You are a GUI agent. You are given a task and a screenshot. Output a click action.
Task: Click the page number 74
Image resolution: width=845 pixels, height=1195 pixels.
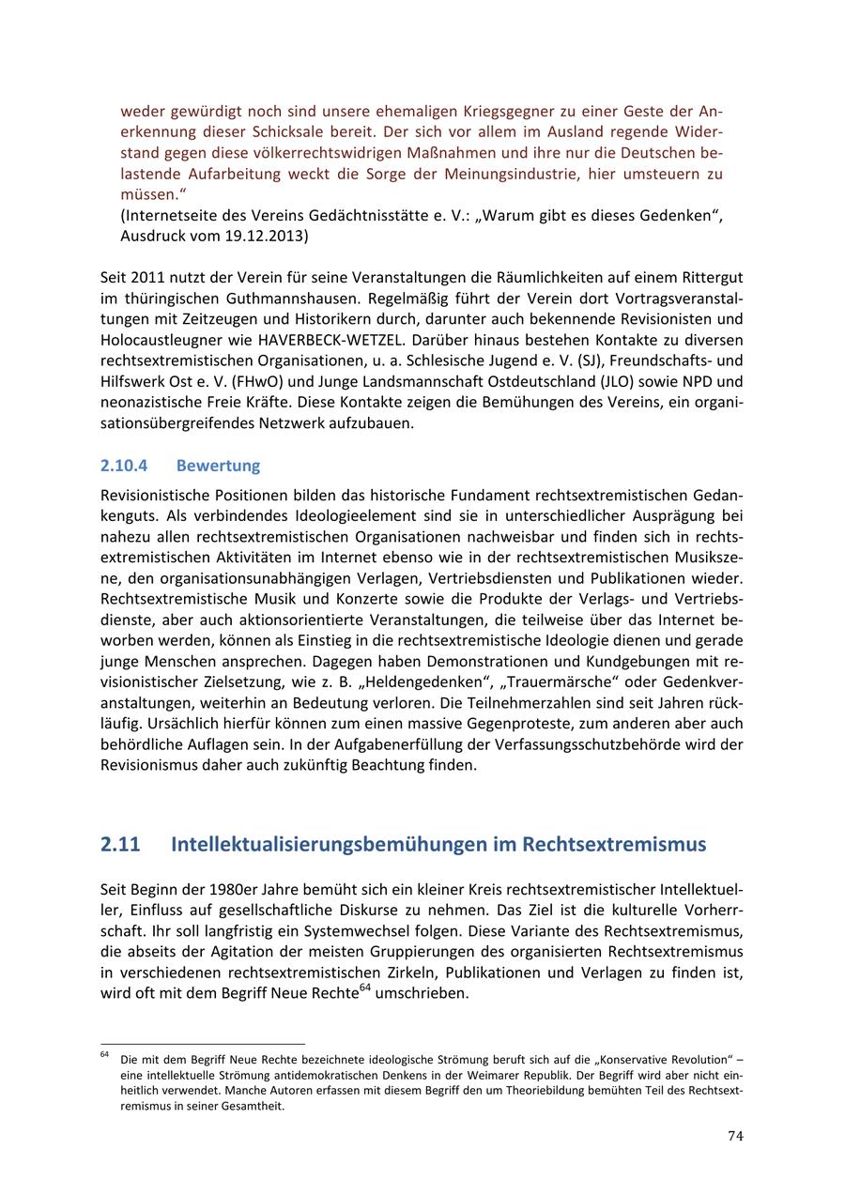pyautogui.click(x=735, y=1136)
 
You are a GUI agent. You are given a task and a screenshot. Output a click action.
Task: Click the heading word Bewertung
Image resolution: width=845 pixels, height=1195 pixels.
pyautogui.click(x=218, y=466)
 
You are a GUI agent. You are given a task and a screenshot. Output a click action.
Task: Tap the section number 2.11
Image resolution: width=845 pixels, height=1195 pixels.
pyautogui.click(x=120, y=844)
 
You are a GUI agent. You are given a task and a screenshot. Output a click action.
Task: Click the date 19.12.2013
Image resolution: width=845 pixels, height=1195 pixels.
pyautogui.click(x=265, y=237)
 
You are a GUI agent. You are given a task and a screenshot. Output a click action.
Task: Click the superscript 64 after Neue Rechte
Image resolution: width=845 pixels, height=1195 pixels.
pyautogui.click(x=366, y=987)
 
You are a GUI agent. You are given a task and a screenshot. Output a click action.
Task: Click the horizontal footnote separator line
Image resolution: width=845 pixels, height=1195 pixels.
pyautogui.click(x=203, y=1043)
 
